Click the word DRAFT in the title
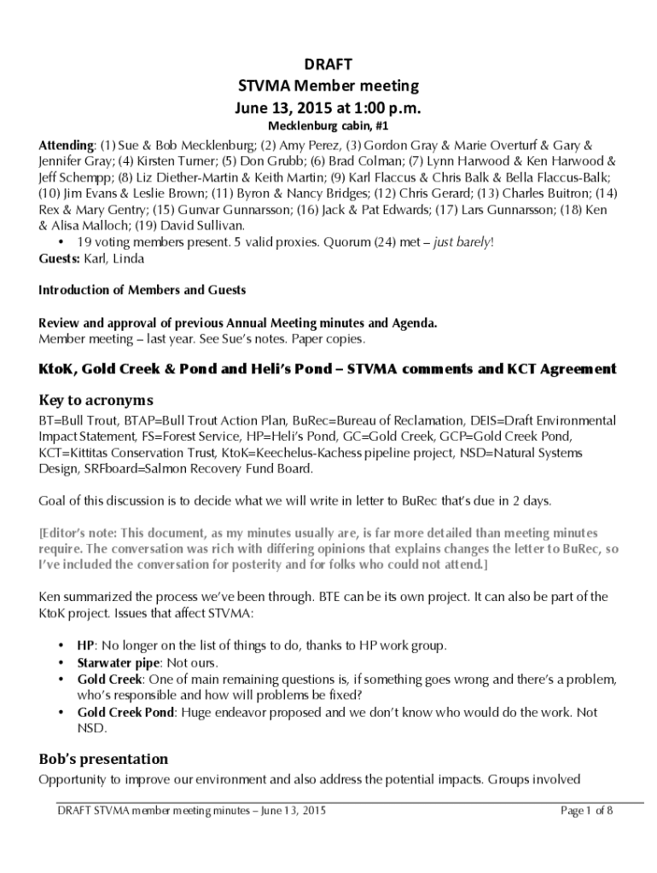tap(328, 65)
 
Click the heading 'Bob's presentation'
tap(103, 759)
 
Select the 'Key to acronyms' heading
tap(96, 400)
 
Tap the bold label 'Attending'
tap(66, 145)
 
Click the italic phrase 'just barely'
tap(462, 242)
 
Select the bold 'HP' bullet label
tap(85, 645)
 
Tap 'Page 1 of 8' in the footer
tap(586, 811)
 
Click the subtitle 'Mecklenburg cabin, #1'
tap(328, 127)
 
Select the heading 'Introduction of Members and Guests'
tap(142, 290)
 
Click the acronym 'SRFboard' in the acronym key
tap(111, 469)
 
